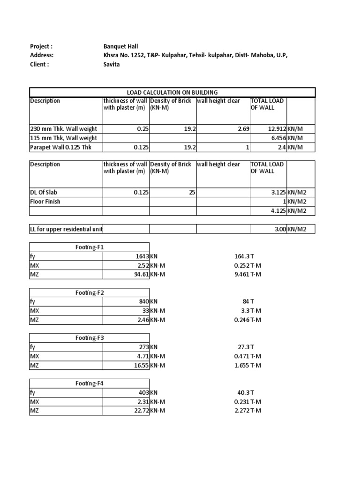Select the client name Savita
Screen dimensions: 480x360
tap(112, 64)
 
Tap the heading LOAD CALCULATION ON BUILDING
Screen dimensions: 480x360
tap(172, 92)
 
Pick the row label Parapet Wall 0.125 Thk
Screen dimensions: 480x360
tap(60, 147)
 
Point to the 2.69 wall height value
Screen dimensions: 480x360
tap(243, 129)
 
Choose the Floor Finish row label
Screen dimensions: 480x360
tap(45, 202)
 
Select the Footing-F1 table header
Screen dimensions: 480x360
tap(90, 247)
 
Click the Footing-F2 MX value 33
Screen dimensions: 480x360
tap(145, 311)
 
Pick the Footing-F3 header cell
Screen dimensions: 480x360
tap(90, 338)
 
